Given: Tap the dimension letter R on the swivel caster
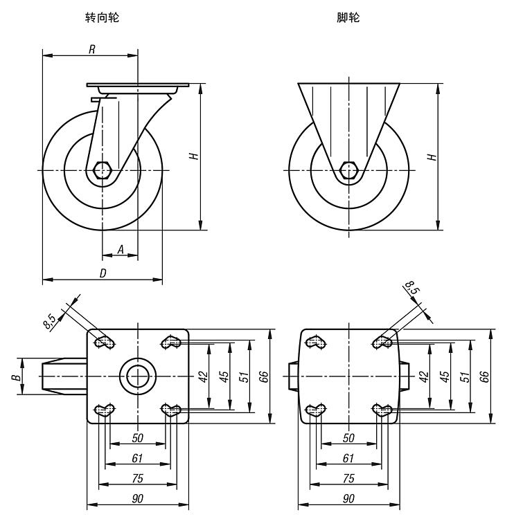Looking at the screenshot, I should [x=91, y=48].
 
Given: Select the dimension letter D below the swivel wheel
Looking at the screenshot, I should [x=103, y=274].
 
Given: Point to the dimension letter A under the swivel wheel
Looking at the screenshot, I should [x=120, y=249].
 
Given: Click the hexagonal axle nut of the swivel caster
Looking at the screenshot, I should [x=103, y=170].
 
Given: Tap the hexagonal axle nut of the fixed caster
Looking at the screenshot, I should [x=349, y=170].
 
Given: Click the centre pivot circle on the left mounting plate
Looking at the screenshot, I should [x=137, y=376].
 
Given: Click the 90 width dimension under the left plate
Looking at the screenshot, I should [x=138, y=498].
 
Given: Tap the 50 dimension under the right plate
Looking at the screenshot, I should [x=349, y=438].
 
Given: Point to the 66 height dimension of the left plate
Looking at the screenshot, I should [x=264, y=376].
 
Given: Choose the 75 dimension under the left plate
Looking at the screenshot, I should [x=138, y=478].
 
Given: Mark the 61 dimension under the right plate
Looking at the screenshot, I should [x=349, y=458].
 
